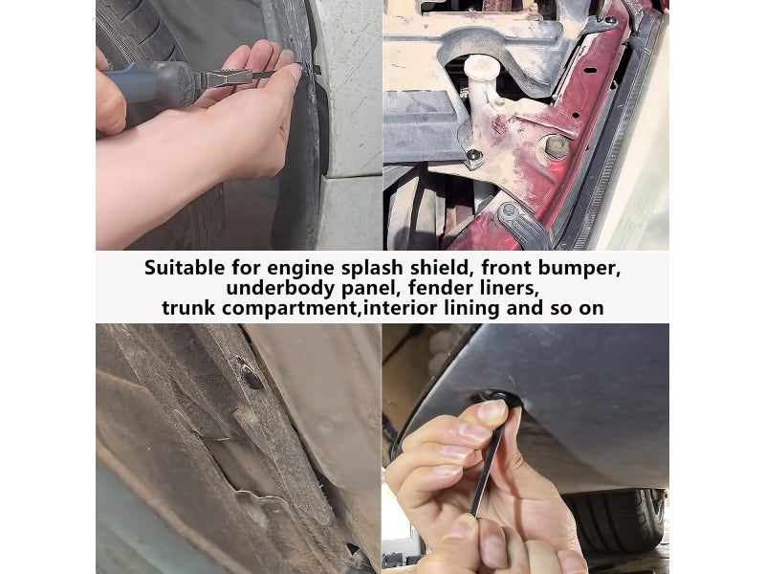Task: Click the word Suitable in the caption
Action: coord(185,268)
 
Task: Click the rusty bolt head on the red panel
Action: coord(557,146)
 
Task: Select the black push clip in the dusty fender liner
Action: coord(251,374)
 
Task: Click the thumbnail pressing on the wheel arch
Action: coord(294,74)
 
